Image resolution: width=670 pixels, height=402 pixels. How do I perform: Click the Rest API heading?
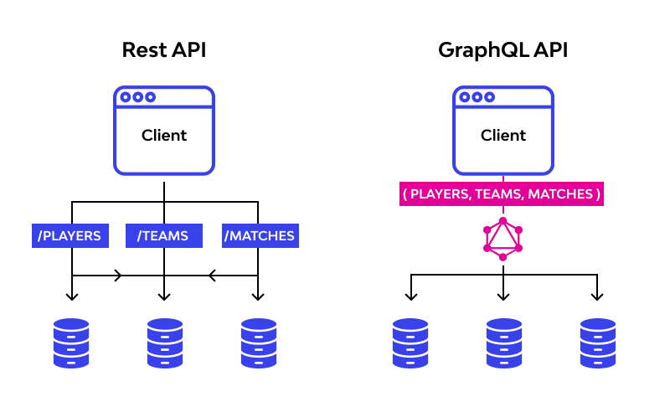point(164,50)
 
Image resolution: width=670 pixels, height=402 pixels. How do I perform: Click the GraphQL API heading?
point(502,50)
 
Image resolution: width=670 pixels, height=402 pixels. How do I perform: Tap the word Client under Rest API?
point(164,135)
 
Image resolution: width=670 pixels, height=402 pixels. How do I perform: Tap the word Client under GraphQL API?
point(503,135)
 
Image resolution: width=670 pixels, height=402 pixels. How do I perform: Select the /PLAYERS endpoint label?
point(71,235)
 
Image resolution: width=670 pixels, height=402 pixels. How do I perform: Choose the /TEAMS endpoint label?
point(164,235)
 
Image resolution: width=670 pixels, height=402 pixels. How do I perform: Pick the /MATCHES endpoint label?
point(260,235)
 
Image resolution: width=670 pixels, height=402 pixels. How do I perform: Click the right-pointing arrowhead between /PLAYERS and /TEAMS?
point(117,275)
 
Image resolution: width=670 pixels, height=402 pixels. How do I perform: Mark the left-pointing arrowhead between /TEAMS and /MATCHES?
point(211,275)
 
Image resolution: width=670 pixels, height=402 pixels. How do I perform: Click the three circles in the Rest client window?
point(137,97)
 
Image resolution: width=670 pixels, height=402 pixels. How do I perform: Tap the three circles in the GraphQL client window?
point(477,97)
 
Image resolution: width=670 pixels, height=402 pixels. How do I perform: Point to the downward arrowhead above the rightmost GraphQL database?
point(597,296)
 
